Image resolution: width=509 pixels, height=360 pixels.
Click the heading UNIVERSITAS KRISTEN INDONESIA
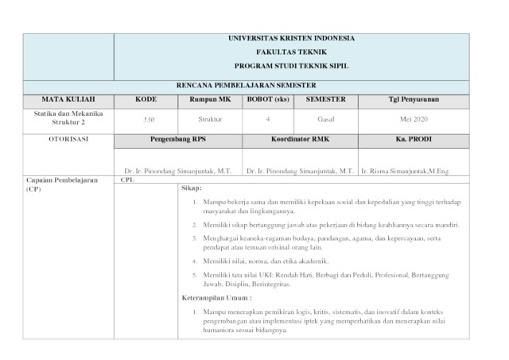(291, 38)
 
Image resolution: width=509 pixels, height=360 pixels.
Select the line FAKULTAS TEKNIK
(291, 52)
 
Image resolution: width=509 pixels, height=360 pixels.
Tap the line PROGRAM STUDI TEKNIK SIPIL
(291, 65)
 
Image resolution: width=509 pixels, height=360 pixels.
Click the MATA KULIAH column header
(68, 99)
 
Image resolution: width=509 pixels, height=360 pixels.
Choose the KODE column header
(146, 99)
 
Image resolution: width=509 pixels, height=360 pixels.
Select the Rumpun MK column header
(210, 99)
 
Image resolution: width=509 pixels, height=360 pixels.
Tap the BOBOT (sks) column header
(267, 99)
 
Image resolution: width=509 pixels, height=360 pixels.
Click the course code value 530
(148, 119)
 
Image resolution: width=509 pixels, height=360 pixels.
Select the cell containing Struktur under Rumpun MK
(210, 119)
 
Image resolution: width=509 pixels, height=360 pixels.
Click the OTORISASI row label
(68, 139)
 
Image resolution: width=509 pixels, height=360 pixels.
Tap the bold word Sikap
(192, 188)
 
